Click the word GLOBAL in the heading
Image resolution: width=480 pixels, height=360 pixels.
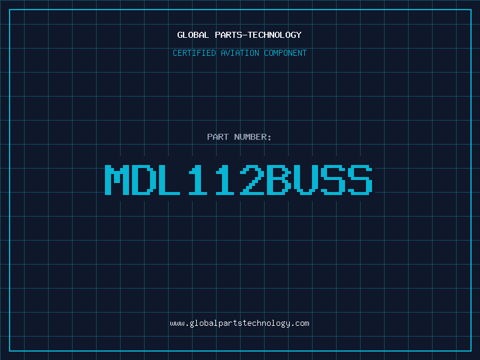pyautogui.click(x=193, y=35)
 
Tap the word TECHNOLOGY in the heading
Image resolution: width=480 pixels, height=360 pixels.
pyautogui.click(x=275, y=35)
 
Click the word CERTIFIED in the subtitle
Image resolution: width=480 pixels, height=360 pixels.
pyautogui.click(x=194, y=53)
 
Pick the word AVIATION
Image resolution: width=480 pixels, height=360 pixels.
pyautogui.click(x=240, y=53)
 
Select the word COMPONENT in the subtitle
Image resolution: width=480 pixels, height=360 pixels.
pyautogui.click(x=286, y=53)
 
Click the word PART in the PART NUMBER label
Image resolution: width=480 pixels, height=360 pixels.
pyautogui.click(x=218, y=137)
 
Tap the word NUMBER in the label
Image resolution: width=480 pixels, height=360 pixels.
pyautogui.click(x=250, y=137)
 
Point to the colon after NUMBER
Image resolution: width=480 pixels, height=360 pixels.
pyautogui.click(x=269, y=137)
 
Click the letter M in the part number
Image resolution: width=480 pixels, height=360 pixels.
pyautogui.click(x=117, y=179)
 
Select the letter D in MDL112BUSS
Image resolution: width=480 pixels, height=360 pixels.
pyautogui.click(x=144, y=179)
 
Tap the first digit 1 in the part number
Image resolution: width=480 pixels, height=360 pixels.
pyautogui.click(x=198, y=179)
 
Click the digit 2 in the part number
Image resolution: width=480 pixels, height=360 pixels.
pyautogui.click(x=252, y=179)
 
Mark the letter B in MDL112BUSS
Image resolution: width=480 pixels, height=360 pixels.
pyautogui.click(x=279, y=179)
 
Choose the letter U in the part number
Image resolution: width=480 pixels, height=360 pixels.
pyautogui.click(x=306, y=179)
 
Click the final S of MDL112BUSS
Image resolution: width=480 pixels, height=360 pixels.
pyautogui.click(x=360, y=179)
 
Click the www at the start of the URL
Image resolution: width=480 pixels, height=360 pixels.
pyautogui.click(x=177, y=323)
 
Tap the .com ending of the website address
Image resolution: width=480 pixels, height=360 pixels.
pyautogui.click(x=299, y=323)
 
